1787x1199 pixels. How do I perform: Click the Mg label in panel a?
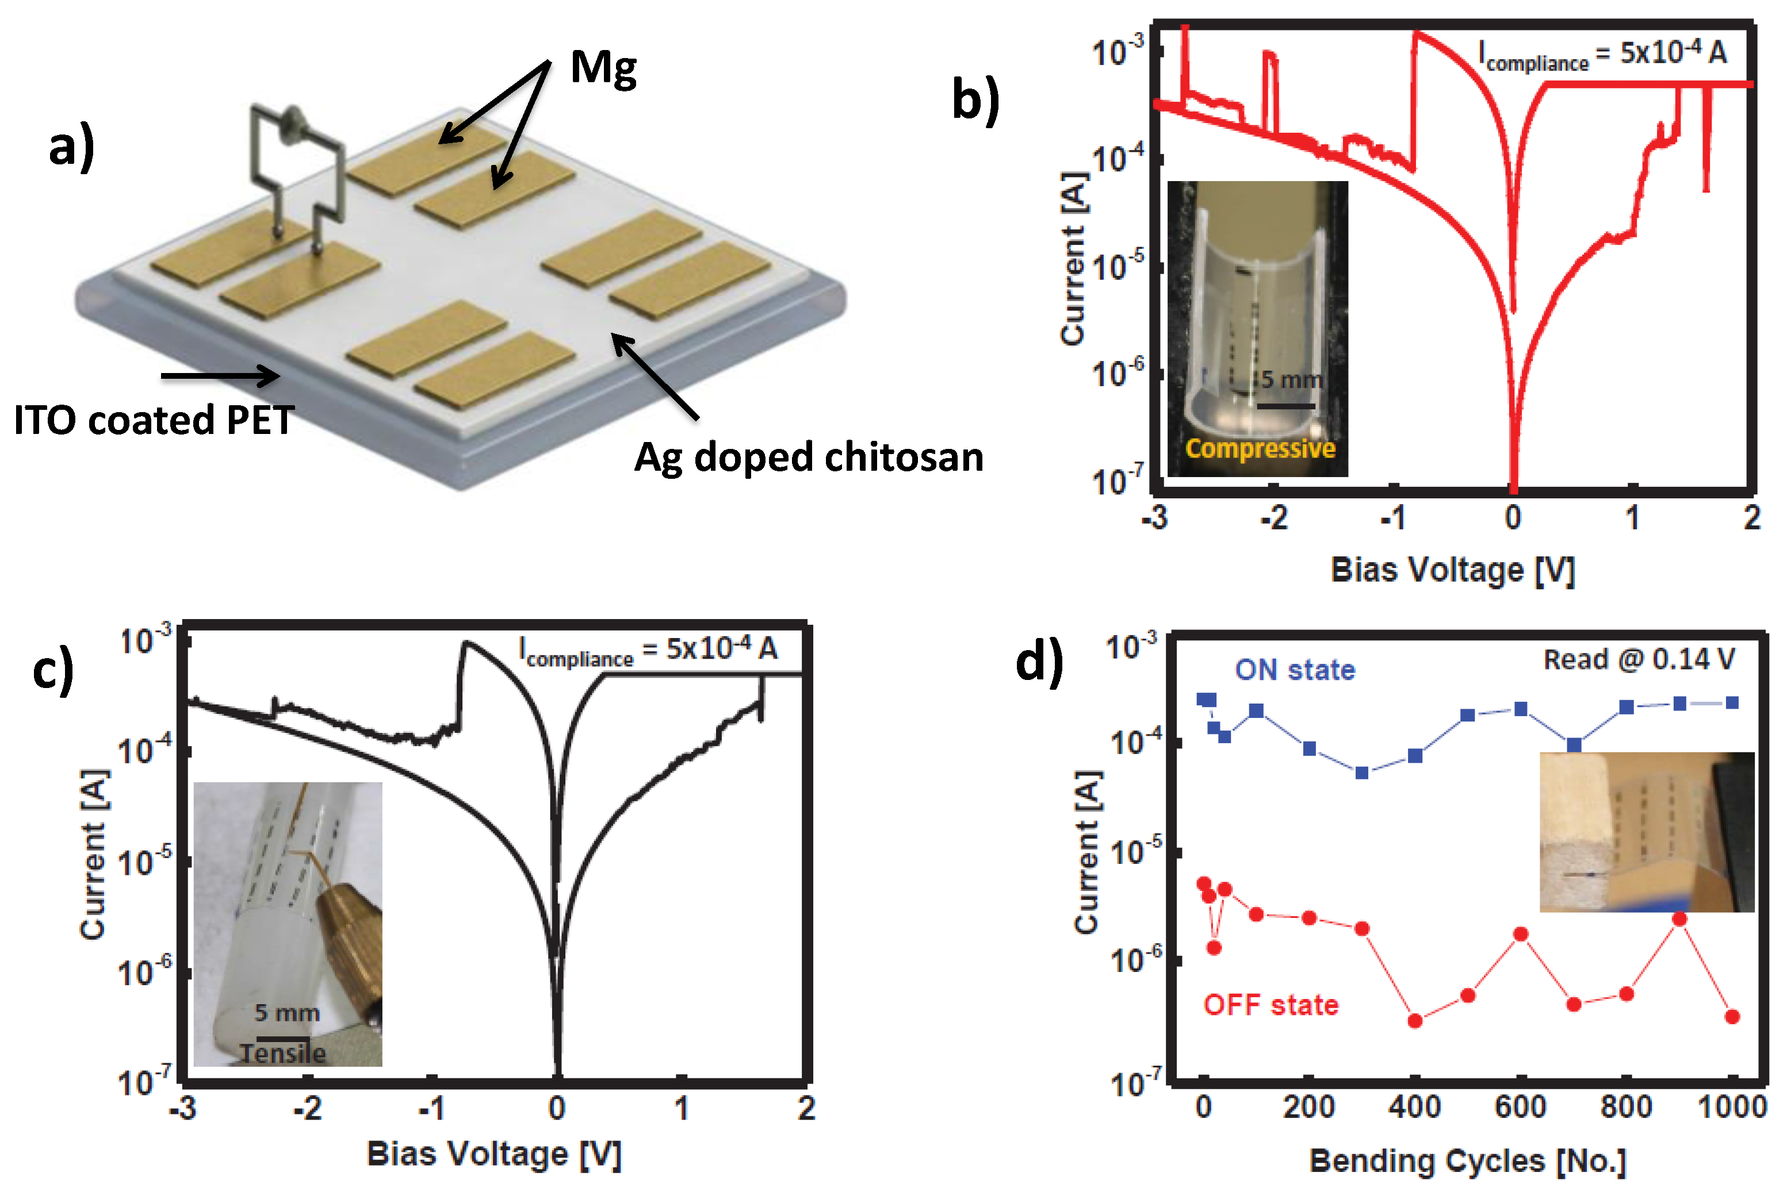pos(603,69)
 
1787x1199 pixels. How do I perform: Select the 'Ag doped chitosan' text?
pos(809,458)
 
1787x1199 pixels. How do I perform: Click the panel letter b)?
pos(975,99)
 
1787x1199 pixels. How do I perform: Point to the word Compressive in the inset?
pos(1260,448)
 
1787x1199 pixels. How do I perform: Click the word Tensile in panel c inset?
pos(283,1054)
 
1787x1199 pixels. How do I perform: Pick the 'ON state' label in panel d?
pos(1294,670)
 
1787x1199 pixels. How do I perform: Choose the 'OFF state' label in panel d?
pos(1271,1004)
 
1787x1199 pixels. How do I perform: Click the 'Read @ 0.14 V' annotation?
pos(1639,659)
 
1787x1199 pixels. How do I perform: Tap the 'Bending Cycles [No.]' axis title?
pos(1467,1160)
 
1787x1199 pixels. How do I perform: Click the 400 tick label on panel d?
pos(1414,1106)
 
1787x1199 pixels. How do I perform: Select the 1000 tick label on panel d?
pos(1732,1106)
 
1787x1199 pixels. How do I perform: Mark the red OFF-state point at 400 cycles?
pos(1414,1021)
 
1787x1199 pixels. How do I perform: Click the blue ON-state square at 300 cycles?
pos(1361,773)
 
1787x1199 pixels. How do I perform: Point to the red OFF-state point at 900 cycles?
pos(1679,919)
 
